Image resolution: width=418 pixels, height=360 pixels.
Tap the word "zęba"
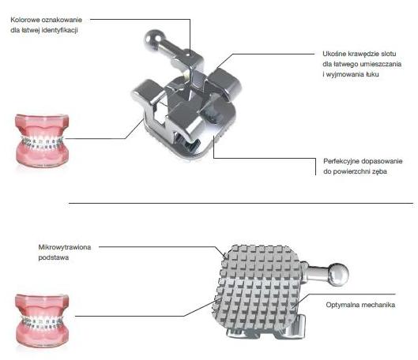point(379,172)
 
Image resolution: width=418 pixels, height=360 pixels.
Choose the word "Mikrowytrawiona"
point(65,247)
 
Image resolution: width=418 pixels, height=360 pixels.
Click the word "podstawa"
point(53,257)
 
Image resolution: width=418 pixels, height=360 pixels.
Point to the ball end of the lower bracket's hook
point(338,274)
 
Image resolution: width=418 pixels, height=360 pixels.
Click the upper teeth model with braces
point(42,139)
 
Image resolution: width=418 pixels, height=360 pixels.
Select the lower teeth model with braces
point(42,319)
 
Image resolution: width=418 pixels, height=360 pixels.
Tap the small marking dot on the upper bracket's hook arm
point(189,54)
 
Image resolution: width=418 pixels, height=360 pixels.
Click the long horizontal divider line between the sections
point(241,203)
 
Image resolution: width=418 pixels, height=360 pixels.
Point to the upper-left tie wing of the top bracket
point(147,92)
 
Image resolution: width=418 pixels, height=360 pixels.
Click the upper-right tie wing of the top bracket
point(225,82)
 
